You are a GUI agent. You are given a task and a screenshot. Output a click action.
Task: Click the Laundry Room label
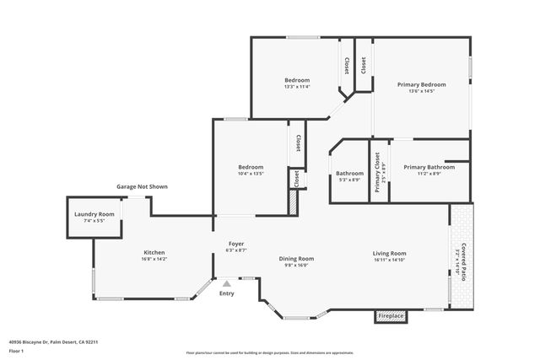[x=94, y=214]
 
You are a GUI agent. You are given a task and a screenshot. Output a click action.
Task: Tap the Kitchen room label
[x=154, y=252]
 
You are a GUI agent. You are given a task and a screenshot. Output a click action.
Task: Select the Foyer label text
[x=236, y=244]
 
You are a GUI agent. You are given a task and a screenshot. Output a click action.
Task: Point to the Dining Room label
[x=296, y=258]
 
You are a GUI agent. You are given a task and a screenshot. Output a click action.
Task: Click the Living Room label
[x=390, y=253]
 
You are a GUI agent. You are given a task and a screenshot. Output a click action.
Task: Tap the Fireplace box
[x=391, y=316]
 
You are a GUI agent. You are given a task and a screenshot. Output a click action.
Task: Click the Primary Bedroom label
[x=421, y=84]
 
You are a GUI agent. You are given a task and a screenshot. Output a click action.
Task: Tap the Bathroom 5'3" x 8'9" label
[x=349, y=174]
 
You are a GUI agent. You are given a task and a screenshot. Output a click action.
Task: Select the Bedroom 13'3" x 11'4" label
[x=297, y=80]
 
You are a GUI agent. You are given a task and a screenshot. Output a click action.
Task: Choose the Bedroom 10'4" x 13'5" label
[x=251, y=167]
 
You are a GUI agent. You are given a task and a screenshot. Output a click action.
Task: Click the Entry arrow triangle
[x=226, y=284]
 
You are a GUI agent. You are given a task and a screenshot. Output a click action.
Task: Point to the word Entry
[x=226, y=293]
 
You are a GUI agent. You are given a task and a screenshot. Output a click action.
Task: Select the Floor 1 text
[x=17, y=352]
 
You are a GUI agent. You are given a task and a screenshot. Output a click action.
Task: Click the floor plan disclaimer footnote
[x=269, y=352]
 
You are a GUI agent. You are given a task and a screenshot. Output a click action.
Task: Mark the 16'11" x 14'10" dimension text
[x=390, y=261]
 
